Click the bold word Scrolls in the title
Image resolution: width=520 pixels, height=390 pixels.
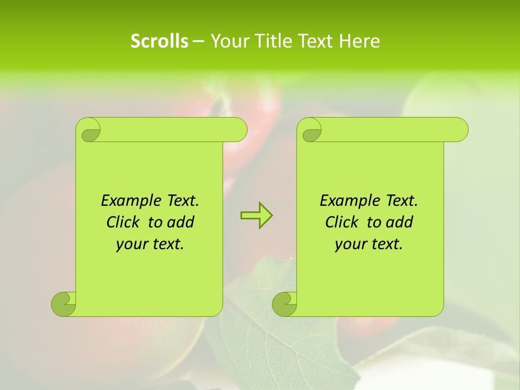(x=159, y=41)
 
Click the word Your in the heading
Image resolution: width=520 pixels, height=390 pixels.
(x=230, y=41)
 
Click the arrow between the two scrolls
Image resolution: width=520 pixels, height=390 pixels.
(x=256, y=216)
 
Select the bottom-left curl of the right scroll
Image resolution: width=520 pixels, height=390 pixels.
(x=285, y=304)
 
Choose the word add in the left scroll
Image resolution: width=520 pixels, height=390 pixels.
(x=181, y=223)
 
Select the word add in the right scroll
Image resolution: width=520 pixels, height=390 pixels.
(x=400, y=223)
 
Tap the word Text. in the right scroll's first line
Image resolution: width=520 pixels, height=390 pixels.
(x=401, y=201)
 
